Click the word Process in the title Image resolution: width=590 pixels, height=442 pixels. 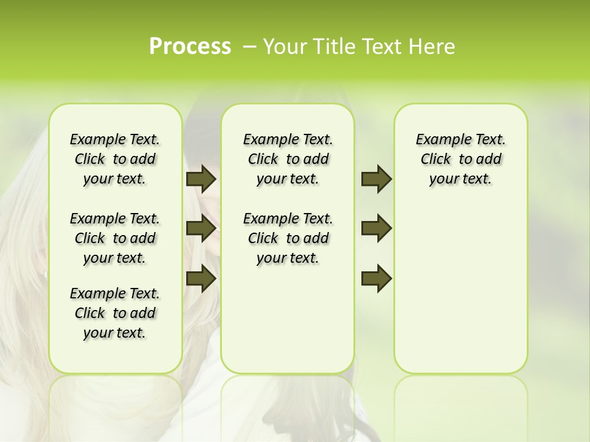coord(190,46)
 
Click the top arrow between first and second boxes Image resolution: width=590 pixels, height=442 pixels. coord(201,179)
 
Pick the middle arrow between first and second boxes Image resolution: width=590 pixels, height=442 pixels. coord(201,228)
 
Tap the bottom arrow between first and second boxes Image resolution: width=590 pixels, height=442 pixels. coord(201,278)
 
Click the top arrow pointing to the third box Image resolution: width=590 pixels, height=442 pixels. coord(376,179)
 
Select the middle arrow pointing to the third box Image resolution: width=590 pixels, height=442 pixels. coord(376,228)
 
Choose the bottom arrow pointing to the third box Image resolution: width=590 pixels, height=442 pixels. coord(376,278)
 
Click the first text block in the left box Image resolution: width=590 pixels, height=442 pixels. coord(115,159)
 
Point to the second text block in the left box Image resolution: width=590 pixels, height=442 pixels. coord(115,238)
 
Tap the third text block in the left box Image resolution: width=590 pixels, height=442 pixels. coord(115,313)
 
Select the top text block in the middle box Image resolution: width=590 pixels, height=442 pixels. coord(288,159)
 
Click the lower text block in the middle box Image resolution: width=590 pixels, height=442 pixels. coord(288,238)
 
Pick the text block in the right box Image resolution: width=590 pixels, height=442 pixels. coord(460,159)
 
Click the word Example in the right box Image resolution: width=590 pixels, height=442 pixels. coord(439,140)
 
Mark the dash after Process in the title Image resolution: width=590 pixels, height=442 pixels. coord(250,47)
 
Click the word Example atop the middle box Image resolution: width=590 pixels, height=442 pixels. coord(267,140)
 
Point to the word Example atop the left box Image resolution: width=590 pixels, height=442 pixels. coord(93,140)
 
